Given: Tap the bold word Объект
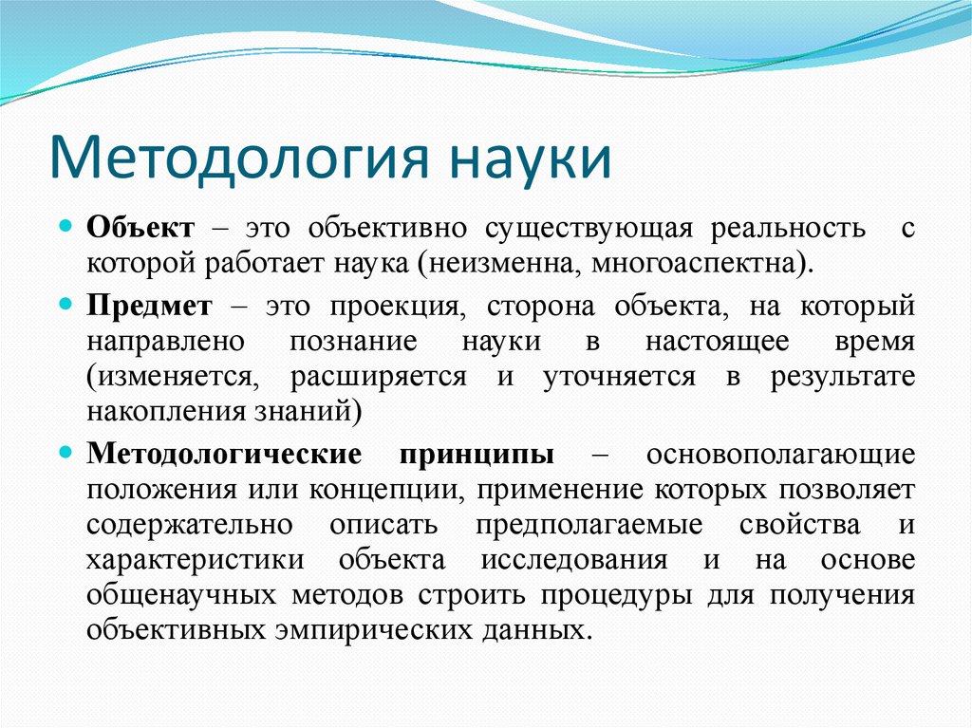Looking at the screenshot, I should point(141,229).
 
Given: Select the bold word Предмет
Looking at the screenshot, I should point(150,306).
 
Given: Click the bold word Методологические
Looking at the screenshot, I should point(224,453).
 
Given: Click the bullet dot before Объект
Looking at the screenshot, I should point(65,229).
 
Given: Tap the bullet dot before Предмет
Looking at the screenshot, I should point(65,306).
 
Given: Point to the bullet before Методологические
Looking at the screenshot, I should point(65,453).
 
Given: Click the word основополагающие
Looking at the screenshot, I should point(780,453).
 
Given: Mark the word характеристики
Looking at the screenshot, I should point(195,559).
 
